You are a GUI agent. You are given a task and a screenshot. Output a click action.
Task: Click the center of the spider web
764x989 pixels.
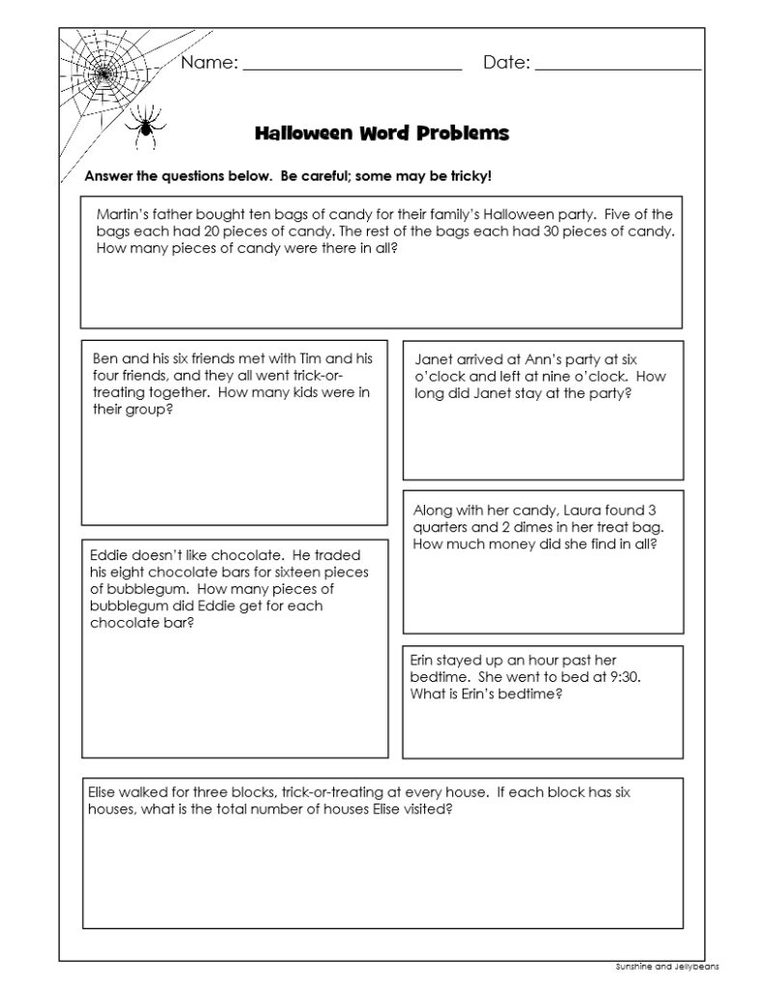[105, 72]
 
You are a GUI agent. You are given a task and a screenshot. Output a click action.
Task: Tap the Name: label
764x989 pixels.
[210, 64]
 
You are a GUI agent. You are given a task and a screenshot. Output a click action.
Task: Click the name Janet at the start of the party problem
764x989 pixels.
[432, 357]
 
